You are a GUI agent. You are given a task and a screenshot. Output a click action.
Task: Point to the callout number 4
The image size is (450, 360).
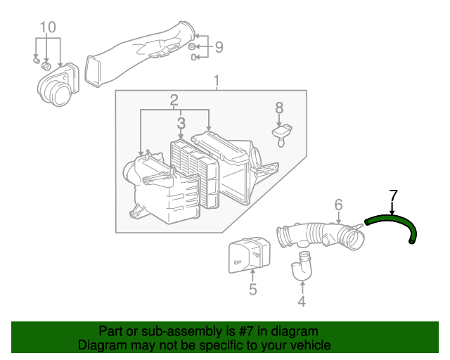(302, 302)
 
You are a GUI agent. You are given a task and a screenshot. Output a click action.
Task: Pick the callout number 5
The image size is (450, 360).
(252, 289)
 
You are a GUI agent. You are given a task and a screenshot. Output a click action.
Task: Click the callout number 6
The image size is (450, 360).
(338, 205)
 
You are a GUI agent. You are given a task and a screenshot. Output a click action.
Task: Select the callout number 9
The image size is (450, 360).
(219, 47)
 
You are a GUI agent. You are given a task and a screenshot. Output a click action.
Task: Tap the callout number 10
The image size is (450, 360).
(47, 27)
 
